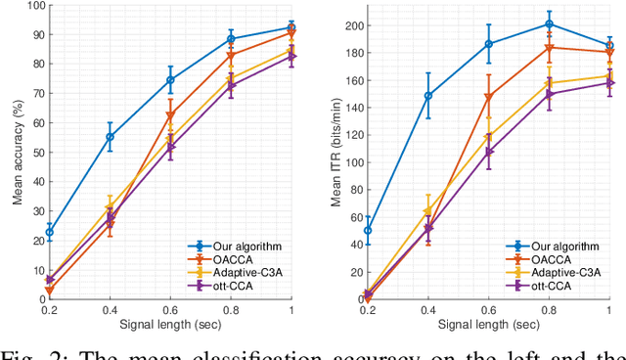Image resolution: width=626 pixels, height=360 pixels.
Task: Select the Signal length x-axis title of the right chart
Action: tap(489, 323)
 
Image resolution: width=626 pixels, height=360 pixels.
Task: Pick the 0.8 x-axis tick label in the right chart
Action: tap(550, 309)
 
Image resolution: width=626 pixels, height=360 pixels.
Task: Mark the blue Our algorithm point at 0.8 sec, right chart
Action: tap(550, 23)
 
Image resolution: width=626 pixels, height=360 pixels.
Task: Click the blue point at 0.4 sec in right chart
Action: tap(427, 96)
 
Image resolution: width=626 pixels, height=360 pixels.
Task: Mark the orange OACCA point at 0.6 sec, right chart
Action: tap(489, 96)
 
